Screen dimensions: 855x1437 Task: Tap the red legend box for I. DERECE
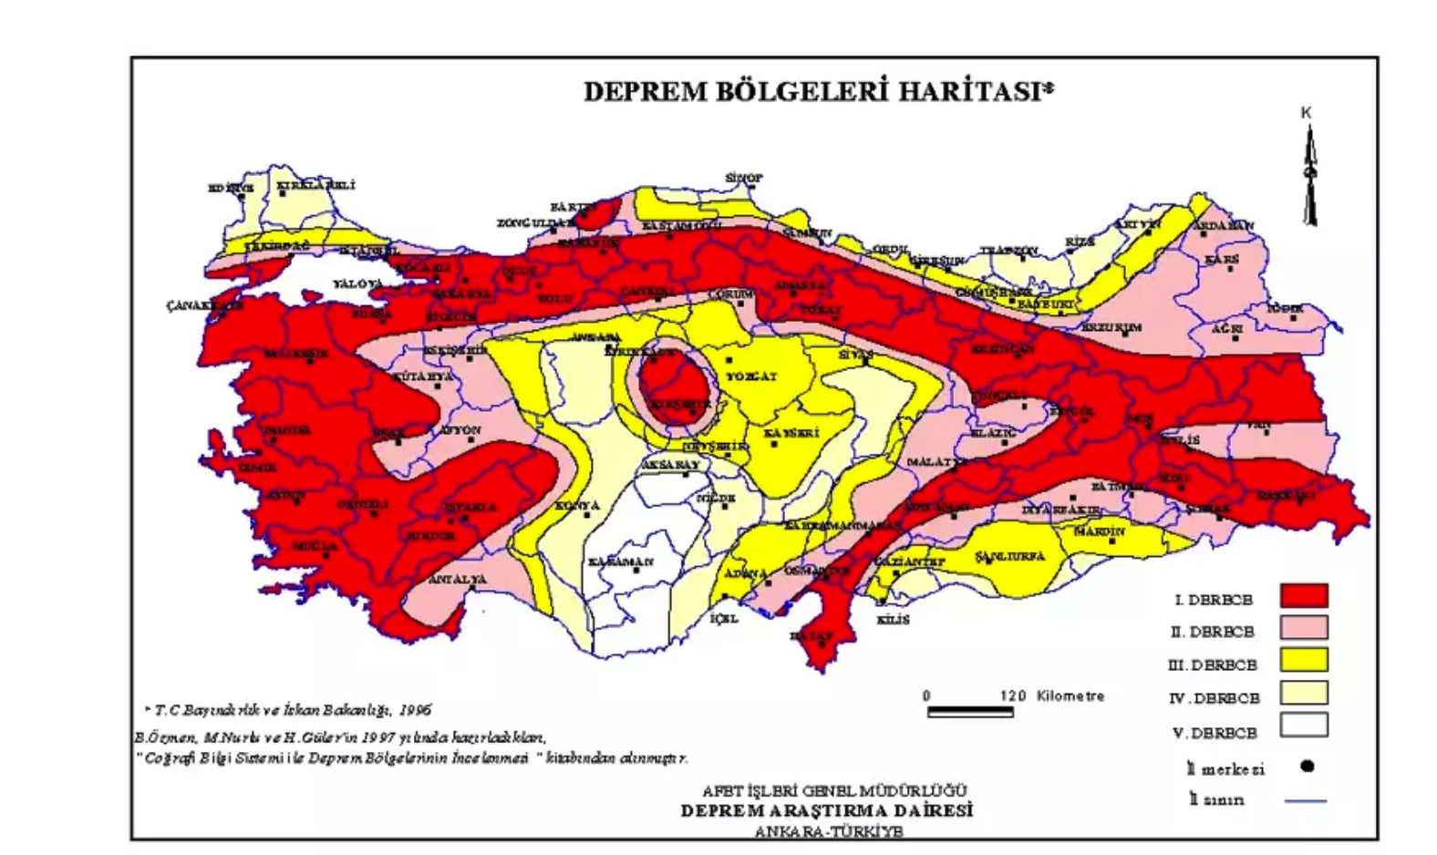[1303, 596]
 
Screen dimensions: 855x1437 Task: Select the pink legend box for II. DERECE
[1303, 628]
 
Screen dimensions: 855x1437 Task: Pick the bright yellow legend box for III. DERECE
[1303, 660]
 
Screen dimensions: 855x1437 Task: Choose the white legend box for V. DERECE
[1303, 726]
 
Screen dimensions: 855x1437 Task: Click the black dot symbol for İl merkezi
[1307, 767]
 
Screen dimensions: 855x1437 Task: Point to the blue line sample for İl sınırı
[1305, 801]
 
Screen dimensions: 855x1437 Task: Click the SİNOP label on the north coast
[744, 178]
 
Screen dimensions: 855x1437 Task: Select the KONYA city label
[577, 506]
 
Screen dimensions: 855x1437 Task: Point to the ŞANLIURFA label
[1009, 556]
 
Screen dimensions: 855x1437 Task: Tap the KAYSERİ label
[791, 434]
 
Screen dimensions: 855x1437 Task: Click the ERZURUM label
[1111, 326]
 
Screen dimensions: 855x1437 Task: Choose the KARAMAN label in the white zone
[620, 561]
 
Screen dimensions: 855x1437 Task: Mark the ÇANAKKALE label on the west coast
[203, 305]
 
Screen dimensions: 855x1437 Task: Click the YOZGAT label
[751, 376]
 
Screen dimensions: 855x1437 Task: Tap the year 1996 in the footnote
[414, 710]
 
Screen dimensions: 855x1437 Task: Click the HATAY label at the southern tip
[810, 635]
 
